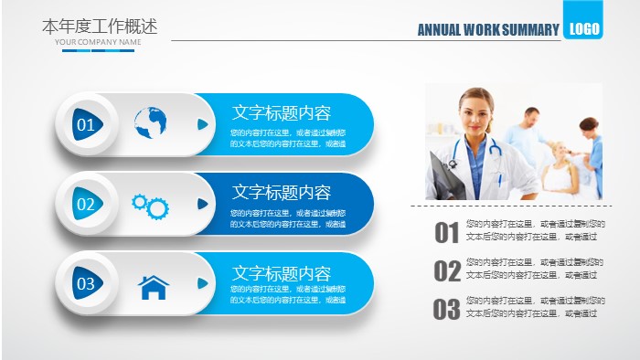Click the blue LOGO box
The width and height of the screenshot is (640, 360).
pos(583,28)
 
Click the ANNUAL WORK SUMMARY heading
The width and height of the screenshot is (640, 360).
pos(487,30)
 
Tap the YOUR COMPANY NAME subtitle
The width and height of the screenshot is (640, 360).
pos(98,42)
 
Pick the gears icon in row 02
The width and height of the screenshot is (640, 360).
pos(151,206)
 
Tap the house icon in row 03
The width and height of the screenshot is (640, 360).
pos(154,287)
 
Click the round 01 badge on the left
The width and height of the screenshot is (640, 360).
pos(86,124)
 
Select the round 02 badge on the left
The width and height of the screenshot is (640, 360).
pos(86,205)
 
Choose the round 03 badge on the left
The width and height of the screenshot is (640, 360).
pos(86,284)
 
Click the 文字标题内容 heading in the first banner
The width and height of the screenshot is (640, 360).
pos(282,112)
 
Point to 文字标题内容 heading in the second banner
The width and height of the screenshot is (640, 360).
pos(282,192)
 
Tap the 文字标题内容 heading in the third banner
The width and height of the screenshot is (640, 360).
pos(282,273)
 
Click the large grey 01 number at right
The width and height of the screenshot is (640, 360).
pos(446,234)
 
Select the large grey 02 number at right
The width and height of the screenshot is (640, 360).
pos(447,271)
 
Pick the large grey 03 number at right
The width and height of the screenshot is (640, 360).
pos(446,310)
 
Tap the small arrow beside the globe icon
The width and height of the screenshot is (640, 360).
pos(203,124)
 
